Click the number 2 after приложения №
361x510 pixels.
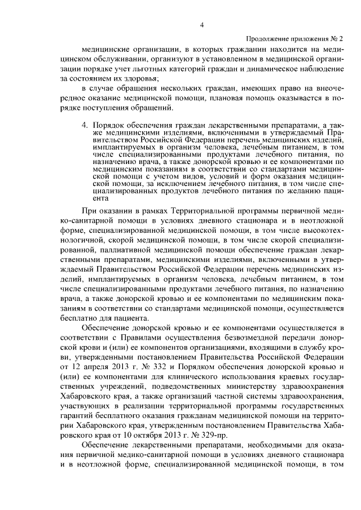(341, 38)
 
